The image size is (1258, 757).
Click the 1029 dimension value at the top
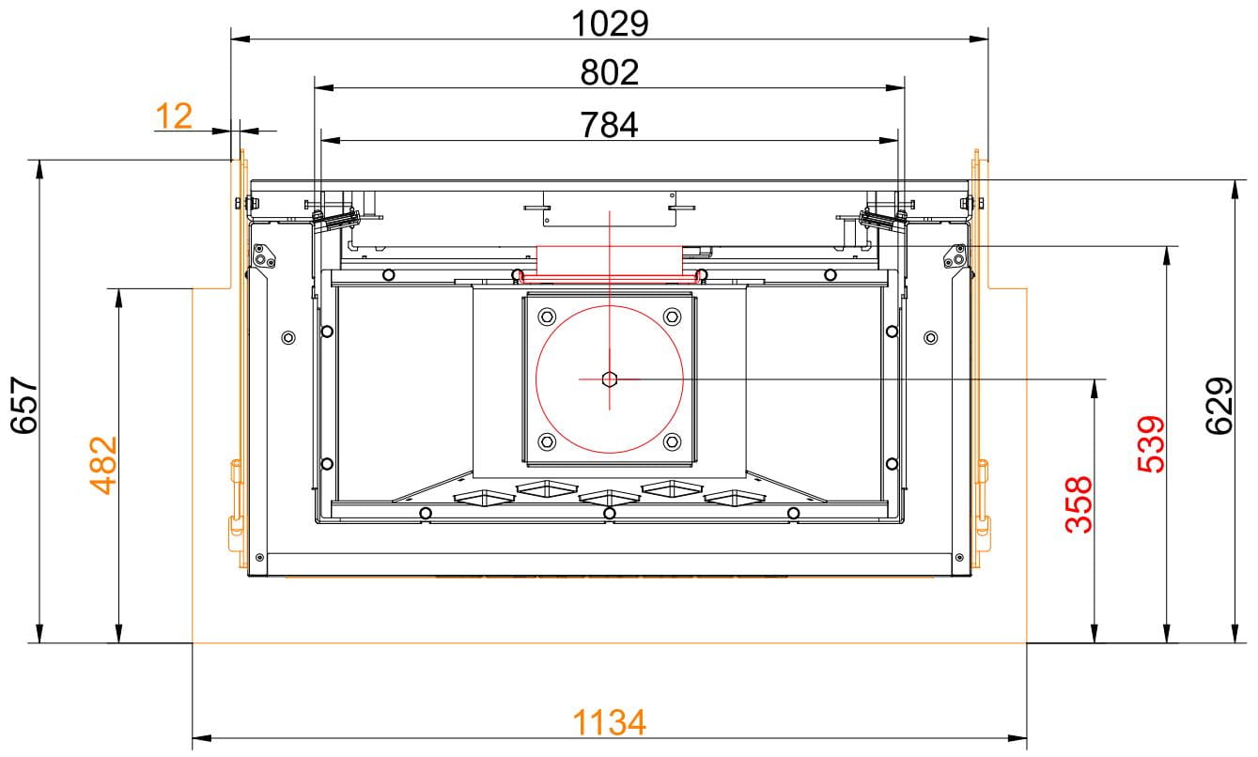[x=610, y=24]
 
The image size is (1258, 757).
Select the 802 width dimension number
[x=610, y=73]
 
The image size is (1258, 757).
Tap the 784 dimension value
[x=610, y=125]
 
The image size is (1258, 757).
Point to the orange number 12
[x=174, y=116]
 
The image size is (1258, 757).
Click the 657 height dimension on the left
[x=24, y=405]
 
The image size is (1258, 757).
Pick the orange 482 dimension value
[x=104, y=465]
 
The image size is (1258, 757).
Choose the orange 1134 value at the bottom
[x=610, y=722]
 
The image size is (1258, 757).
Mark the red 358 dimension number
[x=1079, y=504]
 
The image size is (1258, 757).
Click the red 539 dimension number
[x=1151, y=444]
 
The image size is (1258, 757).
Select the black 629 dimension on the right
[x=1219, y=406]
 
